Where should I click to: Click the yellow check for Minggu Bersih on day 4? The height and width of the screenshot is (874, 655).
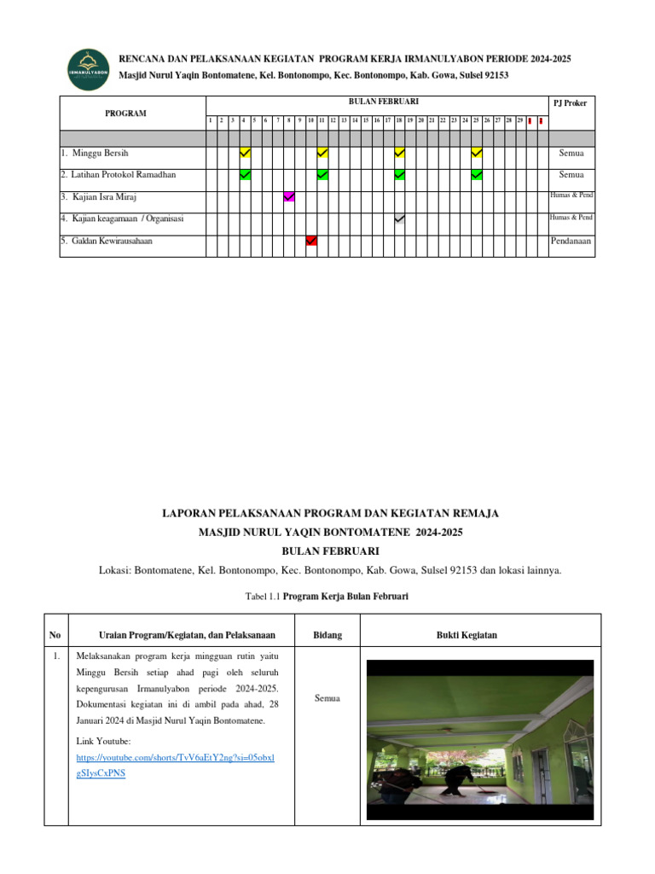[245, 153]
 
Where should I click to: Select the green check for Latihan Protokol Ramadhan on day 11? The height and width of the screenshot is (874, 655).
[322, 175]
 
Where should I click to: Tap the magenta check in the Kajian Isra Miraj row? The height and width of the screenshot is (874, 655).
[289, 197]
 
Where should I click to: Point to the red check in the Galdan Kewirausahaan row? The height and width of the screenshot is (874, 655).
[311, 242]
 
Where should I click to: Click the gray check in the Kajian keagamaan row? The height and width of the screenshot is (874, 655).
[399, 219]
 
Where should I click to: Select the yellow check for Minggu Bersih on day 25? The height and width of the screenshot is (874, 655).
[477, 153]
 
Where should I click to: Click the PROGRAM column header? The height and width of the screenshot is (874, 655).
[125, 114]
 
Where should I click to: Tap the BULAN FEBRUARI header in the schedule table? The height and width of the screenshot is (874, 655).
[380, 102]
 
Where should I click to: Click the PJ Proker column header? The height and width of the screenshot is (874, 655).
[571, 103]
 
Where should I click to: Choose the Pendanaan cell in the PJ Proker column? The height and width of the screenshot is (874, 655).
[571, 242]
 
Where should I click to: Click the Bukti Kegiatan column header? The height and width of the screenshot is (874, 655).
[467, 635]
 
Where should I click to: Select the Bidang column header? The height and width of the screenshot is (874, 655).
[328, 635]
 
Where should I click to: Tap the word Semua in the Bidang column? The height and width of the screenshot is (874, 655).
[328, 698]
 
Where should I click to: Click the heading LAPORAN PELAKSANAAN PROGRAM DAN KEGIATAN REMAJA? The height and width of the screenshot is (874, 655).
[330, 513]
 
